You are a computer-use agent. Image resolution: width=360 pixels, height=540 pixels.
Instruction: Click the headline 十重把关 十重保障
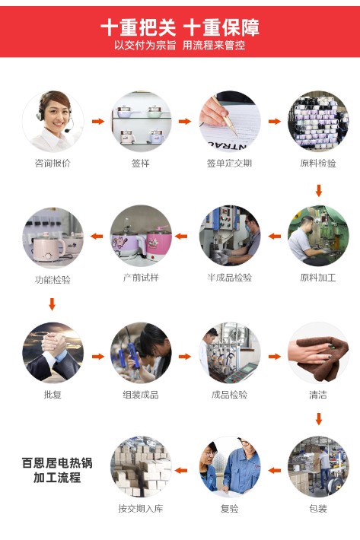180,27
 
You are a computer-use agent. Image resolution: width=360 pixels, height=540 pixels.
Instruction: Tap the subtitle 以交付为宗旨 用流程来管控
180,45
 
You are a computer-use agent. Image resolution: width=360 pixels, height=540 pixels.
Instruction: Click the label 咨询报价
53,163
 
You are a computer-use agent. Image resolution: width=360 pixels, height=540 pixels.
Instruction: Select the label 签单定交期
229,163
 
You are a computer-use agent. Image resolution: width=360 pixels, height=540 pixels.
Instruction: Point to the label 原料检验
318,163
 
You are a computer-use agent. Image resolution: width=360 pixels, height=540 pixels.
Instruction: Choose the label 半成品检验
229,278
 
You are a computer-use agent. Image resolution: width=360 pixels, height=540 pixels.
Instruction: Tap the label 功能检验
53,279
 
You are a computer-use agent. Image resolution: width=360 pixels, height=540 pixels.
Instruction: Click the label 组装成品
141,395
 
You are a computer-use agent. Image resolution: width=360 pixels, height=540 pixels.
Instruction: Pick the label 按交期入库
141,508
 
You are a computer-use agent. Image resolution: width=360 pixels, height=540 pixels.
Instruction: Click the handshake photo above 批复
53,353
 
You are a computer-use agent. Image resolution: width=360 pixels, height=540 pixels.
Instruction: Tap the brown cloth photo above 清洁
318,353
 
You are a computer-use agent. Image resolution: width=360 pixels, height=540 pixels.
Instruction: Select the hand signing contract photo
229,121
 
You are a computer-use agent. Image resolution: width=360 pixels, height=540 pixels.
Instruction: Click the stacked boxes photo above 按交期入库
141,467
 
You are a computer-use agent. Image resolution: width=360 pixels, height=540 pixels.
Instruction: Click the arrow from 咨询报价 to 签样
98,121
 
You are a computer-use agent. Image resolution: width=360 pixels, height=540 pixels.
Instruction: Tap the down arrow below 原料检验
319,190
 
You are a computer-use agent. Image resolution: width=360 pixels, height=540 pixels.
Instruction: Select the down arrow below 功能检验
52,304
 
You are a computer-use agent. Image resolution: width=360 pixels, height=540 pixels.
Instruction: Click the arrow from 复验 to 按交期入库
181,471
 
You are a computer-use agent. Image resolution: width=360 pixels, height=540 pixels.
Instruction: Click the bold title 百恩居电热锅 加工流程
57,470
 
